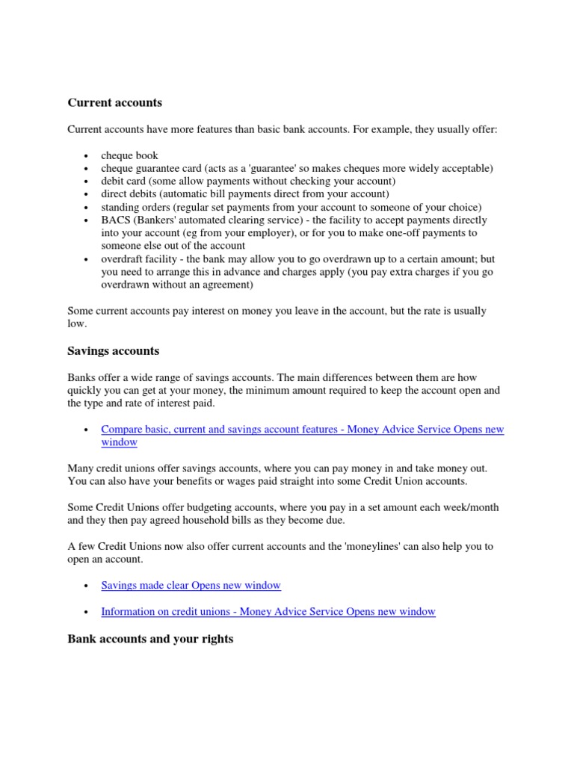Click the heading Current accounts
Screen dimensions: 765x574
coord(114,102)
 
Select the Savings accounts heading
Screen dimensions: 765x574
coord(113,350)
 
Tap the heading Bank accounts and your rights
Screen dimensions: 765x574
coord(150,639)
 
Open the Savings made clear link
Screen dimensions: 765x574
coord(191,585)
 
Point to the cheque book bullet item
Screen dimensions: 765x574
coord(129,155)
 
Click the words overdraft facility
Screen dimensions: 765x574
coord(138,258)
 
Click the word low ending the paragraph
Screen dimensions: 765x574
coord(75,323)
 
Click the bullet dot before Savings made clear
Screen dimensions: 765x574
coord(87,586)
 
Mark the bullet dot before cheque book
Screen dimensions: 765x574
coord(87,156)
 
